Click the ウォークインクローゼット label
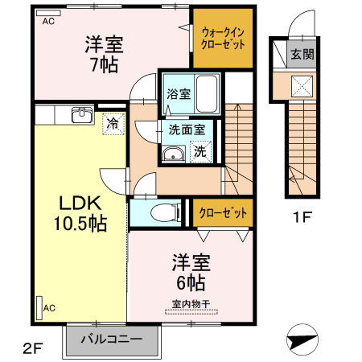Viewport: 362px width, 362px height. (221, 39)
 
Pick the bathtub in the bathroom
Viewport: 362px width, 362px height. (207, 95)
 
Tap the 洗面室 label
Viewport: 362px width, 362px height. (186, 129)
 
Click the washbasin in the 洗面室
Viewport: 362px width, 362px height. (171, 154)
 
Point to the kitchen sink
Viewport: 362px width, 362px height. (81, 115)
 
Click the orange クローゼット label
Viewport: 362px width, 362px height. (221, 212)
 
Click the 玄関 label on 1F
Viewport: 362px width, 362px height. (302, 55)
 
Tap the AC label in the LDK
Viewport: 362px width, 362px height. (49, 307)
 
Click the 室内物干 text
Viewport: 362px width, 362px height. (191, 304)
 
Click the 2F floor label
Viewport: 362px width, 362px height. (31, 347)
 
